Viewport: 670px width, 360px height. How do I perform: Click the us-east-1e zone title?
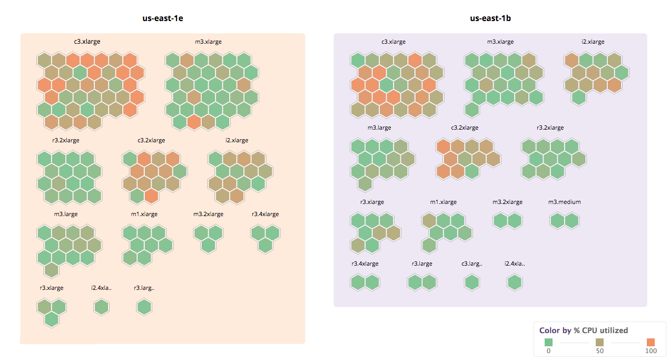(162, 18)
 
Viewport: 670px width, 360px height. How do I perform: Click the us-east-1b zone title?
(490, 18)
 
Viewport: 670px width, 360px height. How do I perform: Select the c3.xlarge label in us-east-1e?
(87, 42)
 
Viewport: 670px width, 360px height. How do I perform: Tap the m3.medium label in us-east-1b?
(564, 202)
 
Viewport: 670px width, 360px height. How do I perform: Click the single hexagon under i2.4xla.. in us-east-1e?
(102, 307)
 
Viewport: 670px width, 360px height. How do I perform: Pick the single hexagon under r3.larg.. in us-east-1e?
(144, 307)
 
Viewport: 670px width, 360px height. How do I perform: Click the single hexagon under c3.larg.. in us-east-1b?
(472, 283)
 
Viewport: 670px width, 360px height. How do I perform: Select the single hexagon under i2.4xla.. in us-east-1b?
(515, 283)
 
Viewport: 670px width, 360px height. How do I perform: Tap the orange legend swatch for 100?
(650, 342)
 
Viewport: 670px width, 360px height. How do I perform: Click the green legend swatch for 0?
(548, 342)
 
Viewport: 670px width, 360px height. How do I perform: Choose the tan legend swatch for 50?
(599, 342)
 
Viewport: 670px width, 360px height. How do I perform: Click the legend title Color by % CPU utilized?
(583, 330)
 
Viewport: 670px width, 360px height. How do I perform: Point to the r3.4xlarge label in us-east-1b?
(364, 264)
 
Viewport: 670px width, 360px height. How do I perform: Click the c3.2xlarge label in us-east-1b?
(465, 128)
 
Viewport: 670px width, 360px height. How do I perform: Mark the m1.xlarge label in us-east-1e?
(144, 214)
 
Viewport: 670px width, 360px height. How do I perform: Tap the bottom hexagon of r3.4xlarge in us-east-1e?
(265, 245)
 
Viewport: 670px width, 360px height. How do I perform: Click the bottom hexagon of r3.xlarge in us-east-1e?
(51, 319)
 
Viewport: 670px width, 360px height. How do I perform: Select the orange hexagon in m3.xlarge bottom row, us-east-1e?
(194, 122)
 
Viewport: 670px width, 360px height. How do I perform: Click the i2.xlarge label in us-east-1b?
(593, 42)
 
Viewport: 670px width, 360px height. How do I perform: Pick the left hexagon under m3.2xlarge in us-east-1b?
(500, 221)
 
